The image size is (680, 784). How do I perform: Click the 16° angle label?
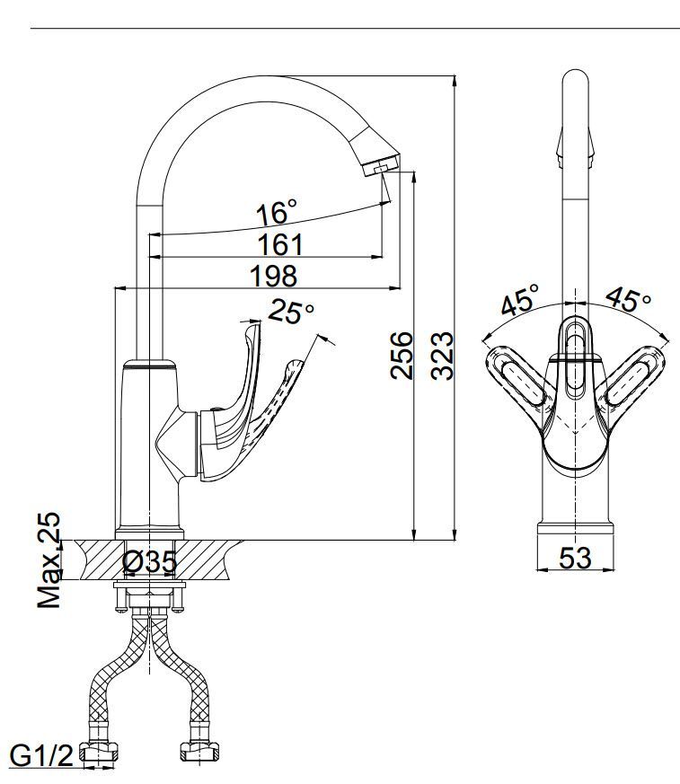276,213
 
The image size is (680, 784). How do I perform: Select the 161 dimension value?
280,244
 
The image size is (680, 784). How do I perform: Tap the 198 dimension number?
273,276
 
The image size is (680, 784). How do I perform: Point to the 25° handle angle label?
292,312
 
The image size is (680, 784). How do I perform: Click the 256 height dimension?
402,355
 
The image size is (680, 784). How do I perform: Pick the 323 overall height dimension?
443,356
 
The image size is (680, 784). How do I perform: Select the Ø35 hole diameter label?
149,561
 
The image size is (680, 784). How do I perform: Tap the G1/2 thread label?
41,755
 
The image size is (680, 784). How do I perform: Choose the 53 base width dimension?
575,558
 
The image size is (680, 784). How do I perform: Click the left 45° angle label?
520,298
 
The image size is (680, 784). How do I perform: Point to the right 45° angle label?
629,298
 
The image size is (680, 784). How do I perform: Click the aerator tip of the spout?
382,165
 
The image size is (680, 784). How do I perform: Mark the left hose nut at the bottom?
99,752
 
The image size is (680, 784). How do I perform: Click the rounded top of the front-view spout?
576,80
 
